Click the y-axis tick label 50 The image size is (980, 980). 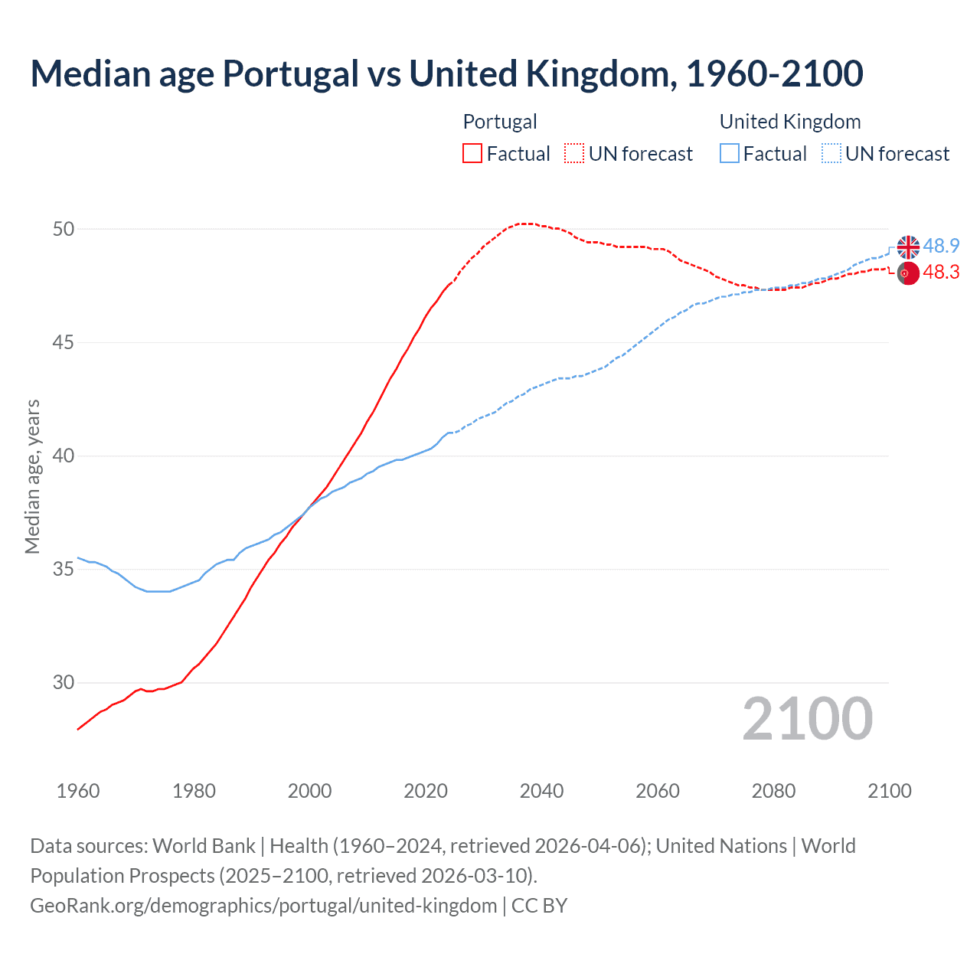(x=64, y=229)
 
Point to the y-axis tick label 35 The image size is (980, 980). (x=64, y=570)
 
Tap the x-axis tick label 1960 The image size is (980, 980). (x=78, y=791)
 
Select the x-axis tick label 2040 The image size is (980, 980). (x=541, y=791)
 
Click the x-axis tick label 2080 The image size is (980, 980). (x=773, y=791)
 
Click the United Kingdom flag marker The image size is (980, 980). (x=908, y=247)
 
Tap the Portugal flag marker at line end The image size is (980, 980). (x=908, y=273)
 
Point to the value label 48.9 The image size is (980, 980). (x=941, y=246)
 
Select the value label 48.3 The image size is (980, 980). (x=941, y=273)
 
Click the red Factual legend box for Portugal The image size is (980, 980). (x=472, y=154)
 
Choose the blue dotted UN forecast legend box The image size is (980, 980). (x=831, y=154)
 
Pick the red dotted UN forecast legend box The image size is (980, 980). (x=574, y=154)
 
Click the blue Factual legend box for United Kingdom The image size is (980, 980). (x=730, y=154)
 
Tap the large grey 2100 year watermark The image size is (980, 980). (x=807, y=719)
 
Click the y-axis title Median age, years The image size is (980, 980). (x=32, y=476)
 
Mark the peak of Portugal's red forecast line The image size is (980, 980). (x=524, y=224)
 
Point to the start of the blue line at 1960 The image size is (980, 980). (x=78, y=557)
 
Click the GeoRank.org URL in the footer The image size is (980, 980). (x=263, y=906)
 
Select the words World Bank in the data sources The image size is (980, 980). (x=204, y=846)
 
